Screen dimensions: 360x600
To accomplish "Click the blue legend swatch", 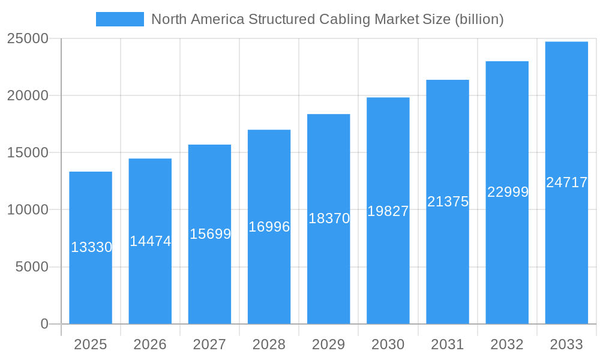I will (x=119, y=19).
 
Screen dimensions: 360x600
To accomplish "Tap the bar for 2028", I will (x=269, y=276).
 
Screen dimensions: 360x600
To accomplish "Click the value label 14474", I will (x=151, y=241).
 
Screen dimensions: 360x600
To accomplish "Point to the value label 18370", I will (x=329, y=218).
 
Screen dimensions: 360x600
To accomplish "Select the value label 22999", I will (x=508, y=192).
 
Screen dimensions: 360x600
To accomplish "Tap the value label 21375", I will (x=448, y=202).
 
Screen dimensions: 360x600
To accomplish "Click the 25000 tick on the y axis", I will (x=28, y=38).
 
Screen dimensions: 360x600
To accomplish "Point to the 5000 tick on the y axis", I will (x=32, y=267).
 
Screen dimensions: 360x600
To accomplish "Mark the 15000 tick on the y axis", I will (x=28, y=152).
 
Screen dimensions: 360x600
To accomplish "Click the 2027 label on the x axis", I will (x=209, y=344).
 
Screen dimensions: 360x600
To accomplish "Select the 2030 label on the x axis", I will (x=388, y=344).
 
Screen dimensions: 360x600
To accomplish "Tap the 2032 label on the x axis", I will (x=507, y=344).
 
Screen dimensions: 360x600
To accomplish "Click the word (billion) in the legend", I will (x=479, y=19).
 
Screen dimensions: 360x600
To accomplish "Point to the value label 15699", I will (x=210, y=234).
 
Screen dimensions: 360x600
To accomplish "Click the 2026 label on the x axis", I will (x=150, y=344).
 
